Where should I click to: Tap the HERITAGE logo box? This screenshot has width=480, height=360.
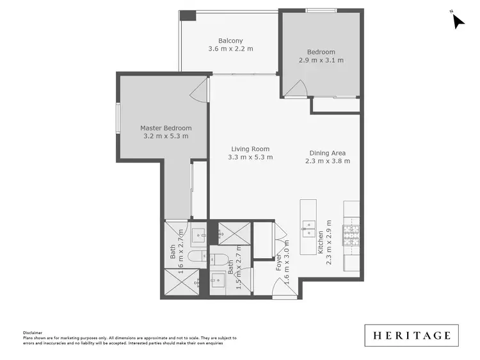pyautogui.click(x=412, y=335)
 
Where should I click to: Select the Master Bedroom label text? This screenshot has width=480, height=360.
pyautogui.click(x=166, y=128)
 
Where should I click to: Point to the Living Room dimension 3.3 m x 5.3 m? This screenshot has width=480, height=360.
pyautogui.click(x=252, y=157)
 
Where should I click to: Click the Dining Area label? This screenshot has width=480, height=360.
pyautogui.click(x=328, y=152)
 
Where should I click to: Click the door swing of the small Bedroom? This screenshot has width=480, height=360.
pyautogui.click(x=295, y=88)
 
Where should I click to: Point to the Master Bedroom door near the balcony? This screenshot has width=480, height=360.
pyautogui.click(x=202, y=92)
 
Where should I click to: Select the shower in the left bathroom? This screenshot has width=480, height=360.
pyautogui.click(x=177, y=281)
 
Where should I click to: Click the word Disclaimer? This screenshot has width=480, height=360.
pyautogui.click(x=32, y=332)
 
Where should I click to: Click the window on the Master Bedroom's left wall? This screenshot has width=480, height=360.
pyautogui.click(x=118, y=120)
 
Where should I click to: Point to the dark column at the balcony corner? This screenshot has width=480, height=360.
pyautogui.click(x=187, y=15)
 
